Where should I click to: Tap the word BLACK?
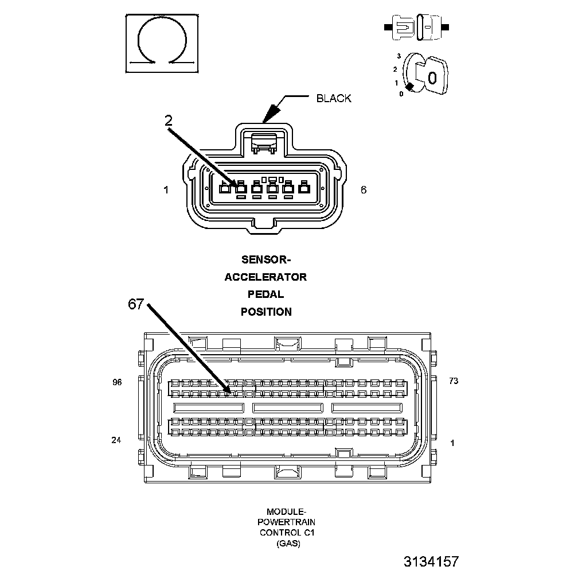(x=334, y=98)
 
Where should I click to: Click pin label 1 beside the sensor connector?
(x=166, y=189)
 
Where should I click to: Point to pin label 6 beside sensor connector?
(x=364, y=189)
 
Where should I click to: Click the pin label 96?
(x=117, y=382)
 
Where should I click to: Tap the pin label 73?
(x=454, y=381)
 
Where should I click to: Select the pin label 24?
(x=117, y=441)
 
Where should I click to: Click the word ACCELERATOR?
(x=265, y=277)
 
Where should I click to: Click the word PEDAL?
(x=265, y=294)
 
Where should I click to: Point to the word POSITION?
(x=265, y=312)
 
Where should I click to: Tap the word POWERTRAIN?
(x=286, y=522)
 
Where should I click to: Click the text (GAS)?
(x=286, y=543)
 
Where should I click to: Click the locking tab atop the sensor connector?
(x=265, y=141)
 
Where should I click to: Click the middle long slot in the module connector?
(x=288, y=408)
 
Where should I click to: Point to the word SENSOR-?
(x=265, y=260)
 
